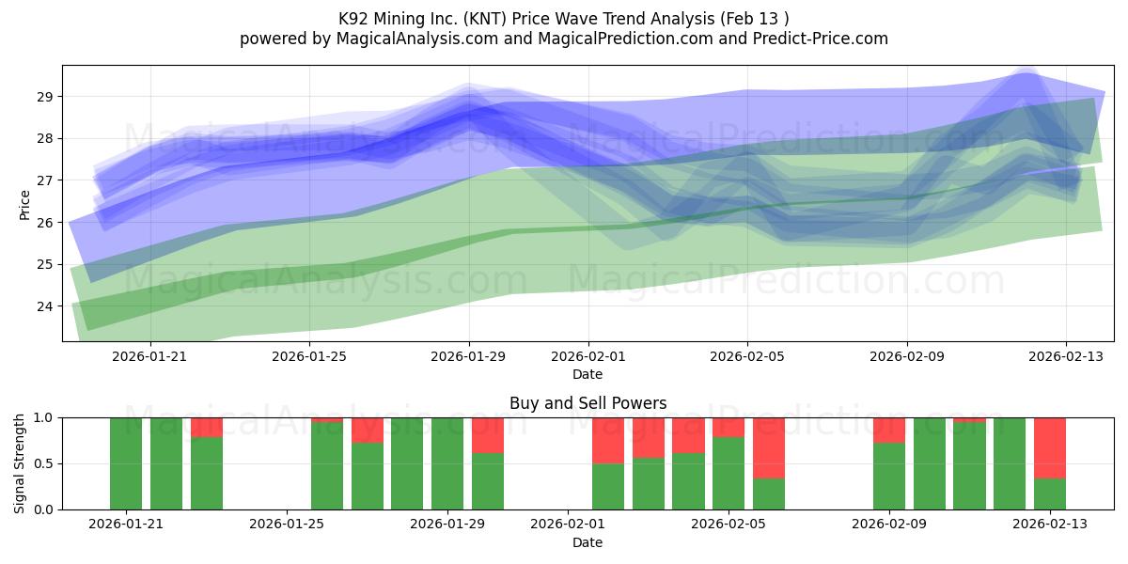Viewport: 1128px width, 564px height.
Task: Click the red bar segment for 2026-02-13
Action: pyautogui.click(x=1050, y=448)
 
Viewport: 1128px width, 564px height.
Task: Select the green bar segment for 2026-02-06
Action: pyautogui.click(x=769, y=494)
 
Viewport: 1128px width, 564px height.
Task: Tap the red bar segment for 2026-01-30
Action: pyautogui.click(x=488, y=435)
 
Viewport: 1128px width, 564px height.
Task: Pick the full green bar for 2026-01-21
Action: pyautogui.click(x=126, y=463)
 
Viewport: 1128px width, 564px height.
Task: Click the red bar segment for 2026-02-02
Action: pyautogui.click(x=608, y=441)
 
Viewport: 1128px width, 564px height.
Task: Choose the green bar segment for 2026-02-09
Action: pyautogui.click(x=889, y=477)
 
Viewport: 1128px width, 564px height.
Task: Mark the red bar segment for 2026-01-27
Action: pyautogui.click(x=368, y=431)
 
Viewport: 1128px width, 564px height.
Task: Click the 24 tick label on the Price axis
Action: pyautogui.click(x=44, y=306)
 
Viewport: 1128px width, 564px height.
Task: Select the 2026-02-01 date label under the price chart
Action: pyautogui.click(x=588, y=356)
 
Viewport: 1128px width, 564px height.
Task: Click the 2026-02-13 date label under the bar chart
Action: pyautogui.click(x=1050, y=525)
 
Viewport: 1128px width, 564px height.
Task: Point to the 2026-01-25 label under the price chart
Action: pyautogui.click(x=309, y=356)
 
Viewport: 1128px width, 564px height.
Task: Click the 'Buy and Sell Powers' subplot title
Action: pyautogui.click(x=588, y=403)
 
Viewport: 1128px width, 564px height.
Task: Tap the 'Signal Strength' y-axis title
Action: pyautogui.click(x=19, y=463)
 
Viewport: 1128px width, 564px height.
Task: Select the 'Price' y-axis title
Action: pyautogui.click(x=24, y=205)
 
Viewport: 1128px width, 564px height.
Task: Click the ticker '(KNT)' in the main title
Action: pyautogui.click(x=485, y=19)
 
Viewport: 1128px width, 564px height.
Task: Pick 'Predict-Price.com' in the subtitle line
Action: pyautogui.click(x=821, y=39)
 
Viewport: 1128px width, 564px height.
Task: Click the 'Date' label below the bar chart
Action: pyautogui.click(x=587, y=542)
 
